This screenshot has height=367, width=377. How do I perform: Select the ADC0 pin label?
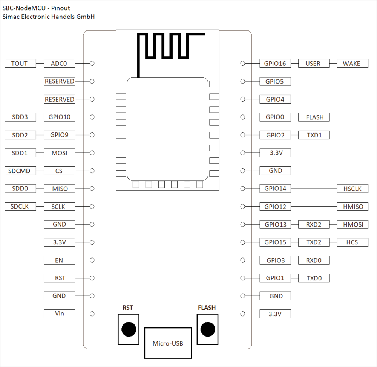click(x=59, y=64)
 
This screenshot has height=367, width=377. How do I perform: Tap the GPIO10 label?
click(x=59, y=117)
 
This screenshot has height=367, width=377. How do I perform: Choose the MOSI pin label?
click(x=59, y=153)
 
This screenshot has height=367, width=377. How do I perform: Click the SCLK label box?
click(x=59, y=207)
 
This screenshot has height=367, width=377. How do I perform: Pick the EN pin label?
click(x=59, y=260)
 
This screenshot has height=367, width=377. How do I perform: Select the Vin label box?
click(x=59, y=314)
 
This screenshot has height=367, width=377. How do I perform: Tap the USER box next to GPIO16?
click(x=314, y=64)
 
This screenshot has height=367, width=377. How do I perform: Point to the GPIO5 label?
click(x=275, y=81)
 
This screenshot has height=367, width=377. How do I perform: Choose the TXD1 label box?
click(x=314, y=135)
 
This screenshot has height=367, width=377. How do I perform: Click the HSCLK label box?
click(x=352, y=189)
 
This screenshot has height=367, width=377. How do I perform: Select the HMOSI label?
click(x=352, y=224)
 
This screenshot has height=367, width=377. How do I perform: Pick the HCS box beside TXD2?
click(x=352, y=242)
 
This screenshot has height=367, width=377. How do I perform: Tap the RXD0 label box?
click(x=314, y=260)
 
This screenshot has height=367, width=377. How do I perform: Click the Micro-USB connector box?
click(x=168, y=343)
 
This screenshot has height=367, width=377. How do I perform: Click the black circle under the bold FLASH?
click(x=207, y=329)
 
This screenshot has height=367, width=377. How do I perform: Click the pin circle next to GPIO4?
click(x=243, y=99)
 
